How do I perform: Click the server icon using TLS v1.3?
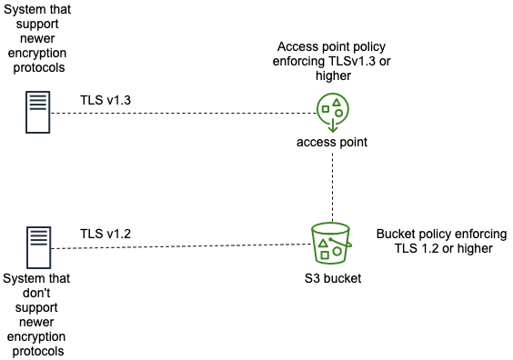click(x=36, y=112)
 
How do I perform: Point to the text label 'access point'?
click(x=332, y=143)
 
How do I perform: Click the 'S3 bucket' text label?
click(x=332, y=278)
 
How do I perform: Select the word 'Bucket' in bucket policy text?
click(x=396, y=234)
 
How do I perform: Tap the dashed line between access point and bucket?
click(x=333, y=186)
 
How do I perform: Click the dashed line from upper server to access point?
click(x=182, y=114)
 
